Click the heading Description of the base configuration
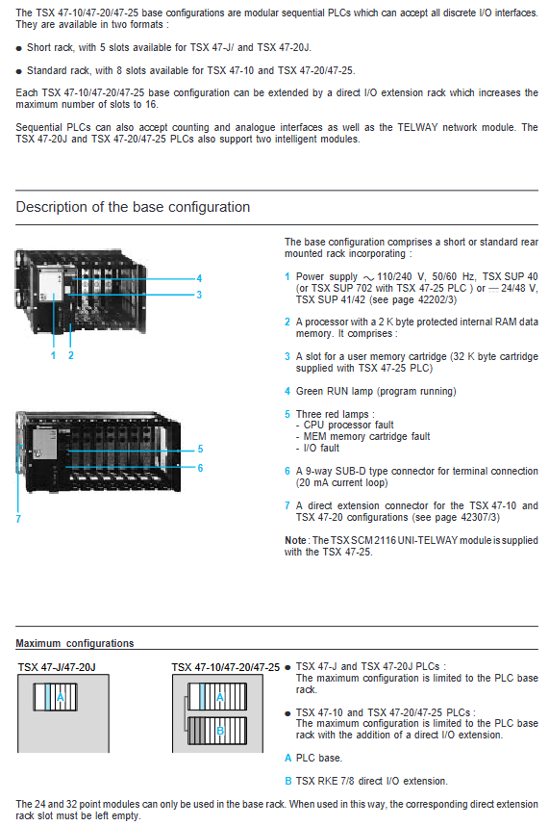(133, 207)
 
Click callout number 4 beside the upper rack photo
(199, 278)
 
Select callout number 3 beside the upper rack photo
(199, 295)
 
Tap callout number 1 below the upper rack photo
(53, 355)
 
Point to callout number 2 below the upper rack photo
(71, 355)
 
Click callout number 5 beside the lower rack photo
(200, 449)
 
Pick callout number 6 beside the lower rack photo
(200, 468)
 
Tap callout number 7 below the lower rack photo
(18, 519)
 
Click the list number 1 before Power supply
(287, 276)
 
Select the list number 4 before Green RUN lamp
(287, 392)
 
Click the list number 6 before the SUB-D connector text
(287, 471)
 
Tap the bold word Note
(295, 540)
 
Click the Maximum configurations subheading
(75, 643)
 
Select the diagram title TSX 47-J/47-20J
(57, 667)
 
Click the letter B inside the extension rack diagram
(220, 731)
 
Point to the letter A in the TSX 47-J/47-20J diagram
(61, 697)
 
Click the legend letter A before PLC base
(287, 758)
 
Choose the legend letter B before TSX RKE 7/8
(287, 781)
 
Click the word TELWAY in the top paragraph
(417, 127)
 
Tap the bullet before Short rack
(19, 48)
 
